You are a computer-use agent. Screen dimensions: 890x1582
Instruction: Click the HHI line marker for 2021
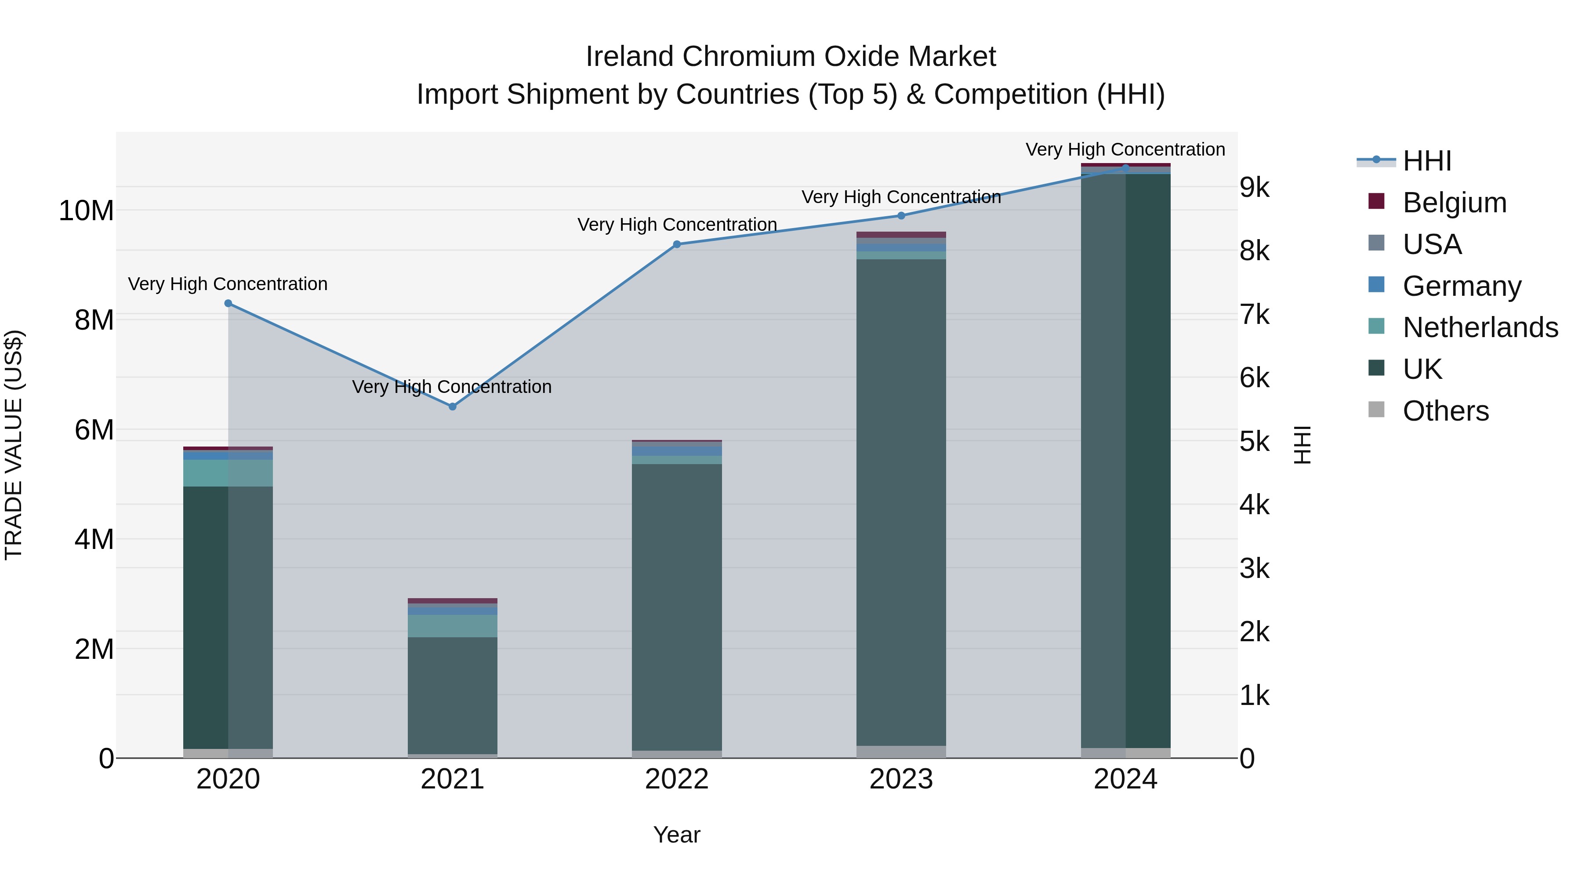pos(453,407)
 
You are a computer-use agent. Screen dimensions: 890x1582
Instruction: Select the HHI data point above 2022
pos(677,244)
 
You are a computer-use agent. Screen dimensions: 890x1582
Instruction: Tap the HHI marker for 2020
pos(229,303)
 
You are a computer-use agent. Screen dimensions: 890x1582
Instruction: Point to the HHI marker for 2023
pos(901,216)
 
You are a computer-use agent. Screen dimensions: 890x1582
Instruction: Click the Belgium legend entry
pos(1454,203)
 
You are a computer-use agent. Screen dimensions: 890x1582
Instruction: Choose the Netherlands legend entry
pos(1480,327)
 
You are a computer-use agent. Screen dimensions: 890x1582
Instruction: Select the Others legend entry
pos(1446,411)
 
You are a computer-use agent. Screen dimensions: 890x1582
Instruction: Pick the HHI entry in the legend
pos(1426,161)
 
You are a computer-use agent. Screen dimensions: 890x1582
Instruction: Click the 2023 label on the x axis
pos(901,779)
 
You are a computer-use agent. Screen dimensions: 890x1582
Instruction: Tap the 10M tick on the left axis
pos(86,211)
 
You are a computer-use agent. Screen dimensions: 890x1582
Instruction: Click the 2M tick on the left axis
pos(94,649)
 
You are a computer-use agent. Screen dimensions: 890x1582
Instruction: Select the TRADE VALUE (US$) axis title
pos(14,445)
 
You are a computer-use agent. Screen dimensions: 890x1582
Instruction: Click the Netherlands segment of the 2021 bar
pos(453,626)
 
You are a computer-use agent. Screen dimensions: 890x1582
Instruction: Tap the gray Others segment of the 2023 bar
pos(901,752)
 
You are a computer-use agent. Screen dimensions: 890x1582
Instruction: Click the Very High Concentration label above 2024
pos(1125,149)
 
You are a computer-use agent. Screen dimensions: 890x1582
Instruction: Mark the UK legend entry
pos(1422,369)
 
